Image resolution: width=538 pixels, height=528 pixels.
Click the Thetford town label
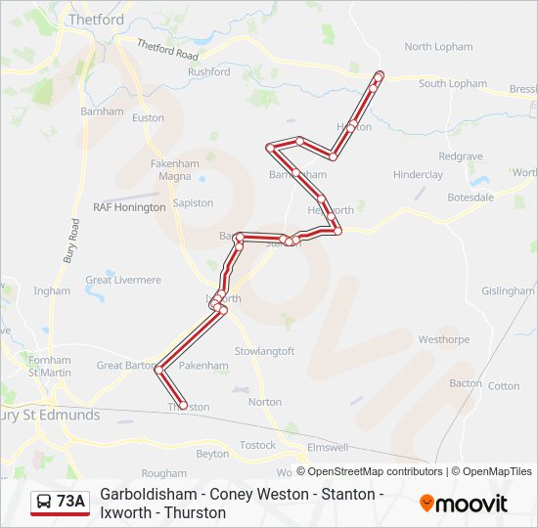pos(97,20)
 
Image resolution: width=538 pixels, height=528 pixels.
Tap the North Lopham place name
pos(438,47)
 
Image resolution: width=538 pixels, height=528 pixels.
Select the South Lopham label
pos(453,84)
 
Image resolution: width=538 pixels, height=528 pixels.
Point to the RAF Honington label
pos(129,207)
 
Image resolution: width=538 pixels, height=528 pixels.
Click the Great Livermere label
pos(123,280)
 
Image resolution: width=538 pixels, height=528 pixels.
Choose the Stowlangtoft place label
pos(264,351)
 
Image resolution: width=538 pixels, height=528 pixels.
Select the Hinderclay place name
pos(418,175)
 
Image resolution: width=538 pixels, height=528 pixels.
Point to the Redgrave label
pos(461,156)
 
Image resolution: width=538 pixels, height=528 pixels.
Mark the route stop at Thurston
pos(183,405)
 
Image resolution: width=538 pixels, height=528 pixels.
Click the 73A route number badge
pos(70,503)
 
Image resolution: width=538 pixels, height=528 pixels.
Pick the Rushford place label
pos(209,72)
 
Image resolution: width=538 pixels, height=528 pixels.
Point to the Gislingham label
pos(508,291)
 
